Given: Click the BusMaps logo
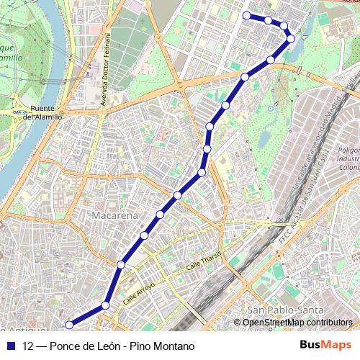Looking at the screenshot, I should (x=325, y=346).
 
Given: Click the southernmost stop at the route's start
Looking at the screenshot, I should (x=69, y=324).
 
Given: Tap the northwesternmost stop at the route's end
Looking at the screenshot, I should (x=247, y=15).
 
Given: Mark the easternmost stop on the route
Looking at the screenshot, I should (x=291, y=38).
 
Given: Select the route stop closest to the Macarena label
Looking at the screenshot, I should (x=145, y=235).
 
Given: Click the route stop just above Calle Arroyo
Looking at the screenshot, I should (x=121, y=265).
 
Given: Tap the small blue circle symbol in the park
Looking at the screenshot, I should (x=270, y=109).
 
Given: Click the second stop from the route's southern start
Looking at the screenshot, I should (x=106, y=305).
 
